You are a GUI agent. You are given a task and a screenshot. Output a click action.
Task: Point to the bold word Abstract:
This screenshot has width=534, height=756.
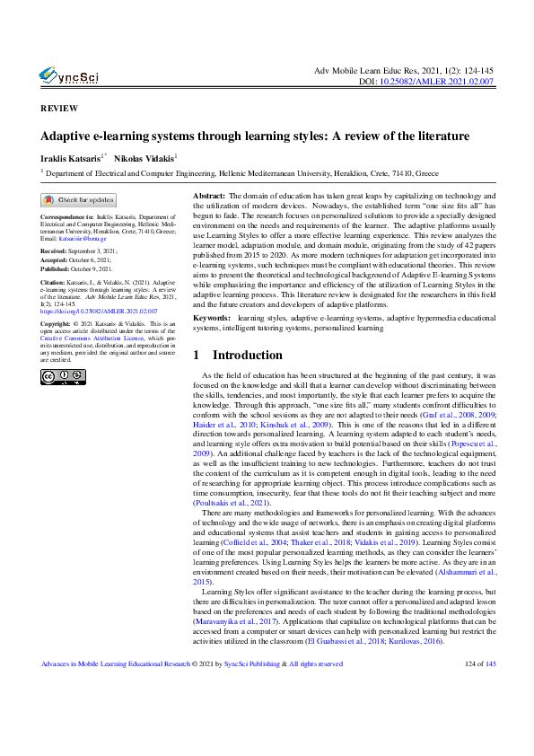pos(210,196)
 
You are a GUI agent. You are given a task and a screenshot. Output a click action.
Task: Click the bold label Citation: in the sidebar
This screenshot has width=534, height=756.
pos(56,282)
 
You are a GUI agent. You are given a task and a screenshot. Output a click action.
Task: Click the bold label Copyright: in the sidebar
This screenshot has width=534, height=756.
pos(57,321)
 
